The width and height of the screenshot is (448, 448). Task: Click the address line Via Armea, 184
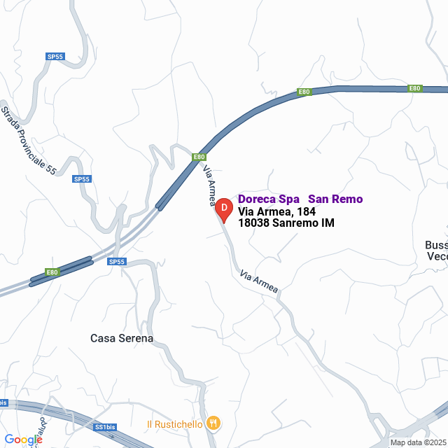coord(276,211)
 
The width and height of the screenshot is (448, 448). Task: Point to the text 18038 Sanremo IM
coord(286,223)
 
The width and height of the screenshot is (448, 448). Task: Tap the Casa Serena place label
coord(122,338)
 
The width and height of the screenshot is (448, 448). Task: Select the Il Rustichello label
coord(174,423)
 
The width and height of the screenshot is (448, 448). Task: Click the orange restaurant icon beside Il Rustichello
coord(214,423)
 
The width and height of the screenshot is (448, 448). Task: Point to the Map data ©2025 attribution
coord(419,442)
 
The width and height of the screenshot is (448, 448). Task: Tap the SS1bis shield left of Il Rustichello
coord(103,426)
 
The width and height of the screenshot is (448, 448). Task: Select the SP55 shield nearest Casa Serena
coord(117,262)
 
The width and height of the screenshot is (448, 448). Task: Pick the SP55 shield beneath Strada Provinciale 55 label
coord(83,179)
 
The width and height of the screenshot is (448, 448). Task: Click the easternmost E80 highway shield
coord(415,88)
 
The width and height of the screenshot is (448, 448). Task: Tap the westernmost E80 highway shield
coord(52,272)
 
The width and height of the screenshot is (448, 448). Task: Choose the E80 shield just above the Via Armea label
coord(199,157)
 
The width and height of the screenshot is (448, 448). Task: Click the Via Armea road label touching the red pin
coord(209,185)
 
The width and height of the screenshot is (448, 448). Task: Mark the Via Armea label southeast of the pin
coord(258,281)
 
